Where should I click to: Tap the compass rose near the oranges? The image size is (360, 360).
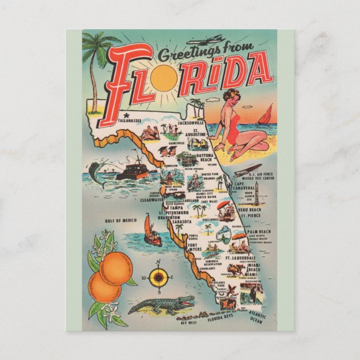click(x=159, y=276)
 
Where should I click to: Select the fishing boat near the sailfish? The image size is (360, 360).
click(x=134, y=169)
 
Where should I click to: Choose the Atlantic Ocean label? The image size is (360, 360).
click(x=256, y=319)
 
